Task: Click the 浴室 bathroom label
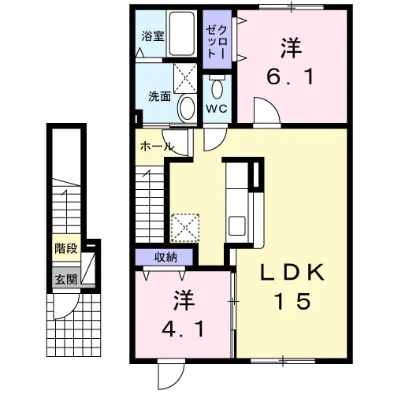pyautogui.click(x=153, y=36)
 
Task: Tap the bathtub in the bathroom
pyautogui.click(x=181, y=33)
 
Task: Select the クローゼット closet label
pyautogui.click(x=217, y=42)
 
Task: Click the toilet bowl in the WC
pyautogui.click(x=217, y=89)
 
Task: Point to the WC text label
pyautogui.click(x=217, y=108)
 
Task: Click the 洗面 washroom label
pyautogui.click(x=160, y=96)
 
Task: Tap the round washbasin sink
pyautogui.click(x=187, y=108)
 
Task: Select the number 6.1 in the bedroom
pyautogui.click(x=291, y=76)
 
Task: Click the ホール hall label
pyautogui.click(x=156, y=147)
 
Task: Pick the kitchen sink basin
pyautogui.click(x=237, y=225)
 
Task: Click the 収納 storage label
pyautogui.click(x=165, y=258)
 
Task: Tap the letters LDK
pyautogui.click(x=292, y=273)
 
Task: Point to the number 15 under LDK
pyautogui.click(x=292, y=301)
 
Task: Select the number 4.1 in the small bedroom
pyautogui.click(x=183, y=330)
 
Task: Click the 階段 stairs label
pyautogui.click(x=66, y=248)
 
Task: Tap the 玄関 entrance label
pyautogui.click(x=66, y=280)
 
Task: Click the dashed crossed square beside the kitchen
pyautogui.click(x=185, y=228)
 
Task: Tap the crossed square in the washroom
pyautogui.click(x=185, y=78)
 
